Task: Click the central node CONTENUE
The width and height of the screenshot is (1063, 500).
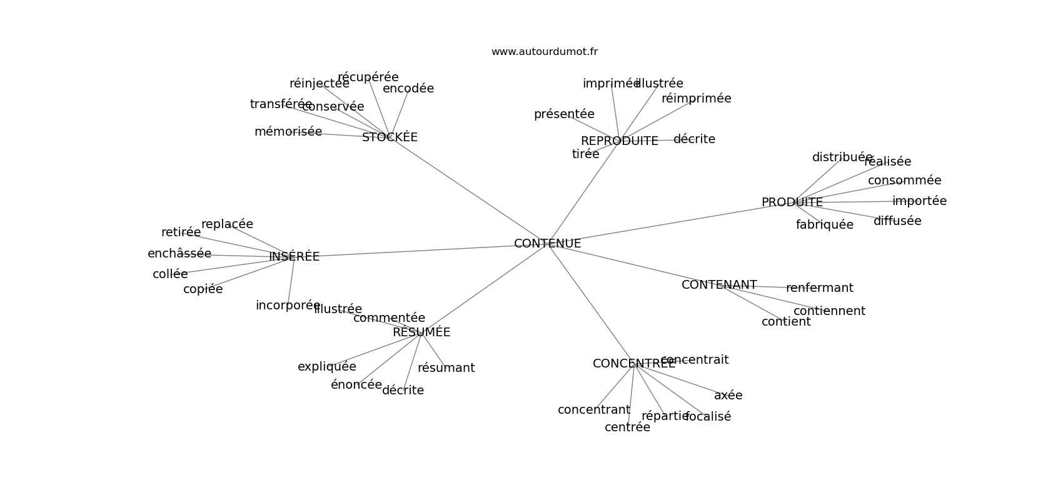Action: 547,244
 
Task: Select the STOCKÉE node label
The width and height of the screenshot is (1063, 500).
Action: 390,137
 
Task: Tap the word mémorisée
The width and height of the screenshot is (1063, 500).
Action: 288,132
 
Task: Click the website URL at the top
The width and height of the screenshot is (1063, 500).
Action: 544,52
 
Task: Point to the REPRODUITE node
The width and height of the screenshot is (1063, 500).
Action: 619,141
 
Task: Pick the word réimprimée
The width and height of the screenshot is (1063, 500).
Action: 696,99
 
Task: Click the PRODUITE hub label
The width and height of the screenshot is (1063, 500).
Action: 792,202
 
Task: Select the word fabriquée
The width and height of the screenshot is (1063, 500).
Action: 824,225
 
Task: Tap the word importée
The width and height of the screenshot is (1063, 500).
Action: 919,201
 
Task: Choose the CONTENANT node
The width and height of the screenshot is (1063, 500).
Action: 719,285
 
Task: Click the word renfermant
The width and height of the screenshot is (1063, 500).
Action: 819,288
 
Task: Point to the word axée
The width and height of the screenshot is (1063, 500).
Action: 728,396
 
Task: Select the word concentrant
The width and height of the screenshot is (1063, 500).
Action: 593,410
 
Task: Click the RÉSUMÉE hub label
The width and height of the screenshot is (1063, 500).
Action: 421,332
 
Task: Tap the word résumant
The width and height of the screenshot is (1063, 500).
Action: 446,368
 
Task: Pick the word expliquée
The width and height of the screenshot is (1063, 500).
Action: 326,367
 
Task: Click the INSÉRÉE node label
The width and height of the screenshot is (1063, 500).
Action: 294,257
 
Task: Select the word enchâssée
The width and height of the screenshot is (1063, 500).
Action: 179,254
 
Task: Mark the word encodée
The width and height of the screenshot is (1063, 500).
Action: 408,89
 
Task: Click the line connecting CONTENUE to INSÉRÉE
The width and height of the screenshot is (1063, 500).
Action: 413,251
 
